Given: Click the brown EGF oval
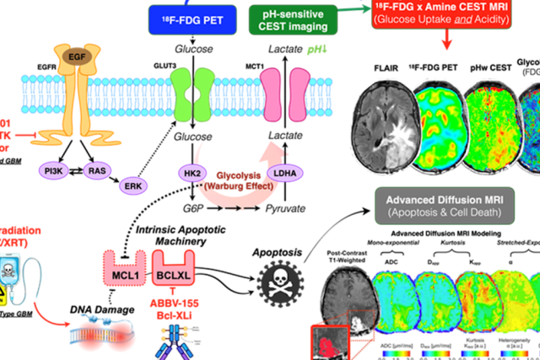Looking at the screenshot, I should (x=78, y=56).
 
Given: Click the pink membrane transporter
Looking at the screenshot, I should (x=283, y=91).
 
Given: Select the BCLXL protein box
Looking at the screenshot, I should (x=170, y=275).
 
